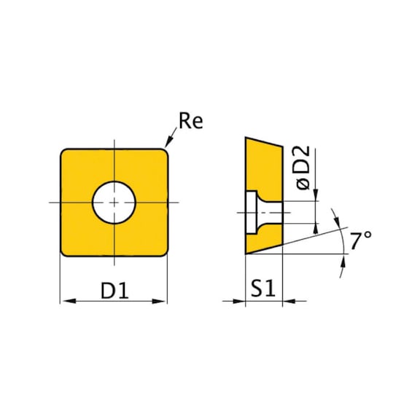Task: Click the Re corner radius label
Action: pos(191,121)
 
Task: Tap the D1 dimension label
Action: pos(114,291)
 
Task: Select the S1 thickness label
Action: pos(263,289)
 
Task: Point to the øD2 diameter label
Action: pos(303,168)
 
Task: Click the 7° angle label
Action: pos(360,240)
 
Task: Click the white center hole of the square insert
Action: pos(114,203)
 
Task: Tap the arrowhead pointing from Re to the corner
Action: pos(168,142)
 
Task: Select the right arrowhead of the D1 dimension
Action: pos(159,301)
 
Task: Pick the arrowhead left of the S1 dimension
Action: pos(239,301)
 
